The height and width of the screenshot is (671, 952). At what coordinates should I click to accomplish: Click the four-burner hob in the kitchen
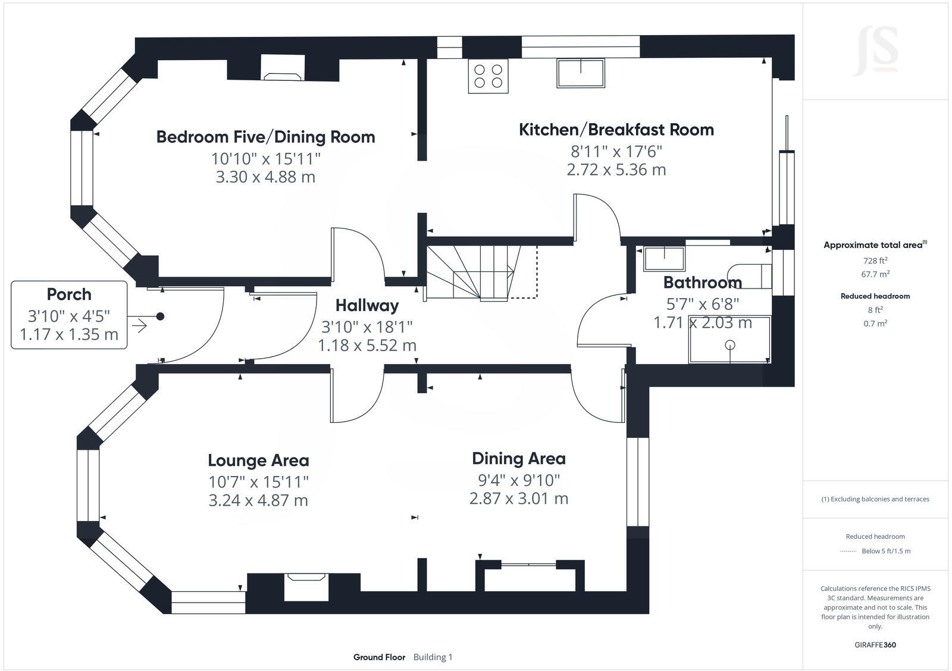click(488, 76)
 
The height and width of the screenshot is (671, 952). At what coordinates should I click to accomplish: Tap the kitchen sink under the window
click(581, 73)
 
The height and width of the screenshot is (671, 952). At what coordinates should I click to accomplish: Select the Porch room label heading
click(69, 294)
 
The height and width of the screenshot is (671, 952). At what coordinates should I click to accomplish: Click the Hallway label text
click(367, 305)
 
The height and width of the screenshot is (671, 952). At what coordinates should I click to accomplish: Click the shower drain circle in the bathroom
click(730, 344)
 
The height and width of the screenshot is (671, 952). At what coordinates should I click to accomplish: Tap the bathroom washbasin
click(664, 258)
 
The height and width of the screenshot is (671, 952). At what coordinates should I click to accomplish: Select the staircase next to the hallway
click(481, 272)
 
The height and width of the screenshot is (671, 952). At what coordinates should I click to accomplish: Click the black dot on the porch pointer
click(160, 316)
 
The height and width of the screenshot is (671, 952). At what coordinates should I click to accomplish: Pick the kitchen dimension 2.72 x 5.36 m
click(616, 170)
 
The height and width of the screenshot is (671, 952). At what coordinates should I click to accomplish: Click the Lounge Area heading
click(258, 460)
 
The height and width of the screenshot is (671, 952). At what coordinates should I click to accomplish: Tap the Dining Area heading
click(519, 459)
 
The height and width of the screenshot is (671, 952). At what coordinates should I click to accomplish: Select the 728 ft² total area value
click(875, 261)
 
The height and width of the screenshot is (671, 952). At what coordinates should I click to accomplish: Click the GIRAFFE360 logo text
click(875, 645)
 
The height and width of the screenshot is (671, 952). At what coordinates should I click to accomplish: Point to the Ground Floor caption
click(379, 657)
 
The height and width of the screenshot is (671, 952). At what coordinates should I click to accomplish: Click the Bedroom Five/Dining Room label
click(265, 137)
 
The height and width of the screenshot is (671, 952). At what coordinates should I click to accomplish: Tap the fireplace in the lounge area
click(306, 587)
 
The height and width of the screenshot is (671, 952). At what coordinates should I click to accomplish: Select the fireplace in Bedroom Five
click(283, 67)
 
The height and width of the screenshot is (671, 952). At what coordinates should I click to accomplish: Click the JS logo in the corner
click(875, 51)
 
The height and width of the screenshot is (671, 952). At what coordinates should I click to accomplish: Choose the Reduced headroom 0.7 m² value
click(875, 324)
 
